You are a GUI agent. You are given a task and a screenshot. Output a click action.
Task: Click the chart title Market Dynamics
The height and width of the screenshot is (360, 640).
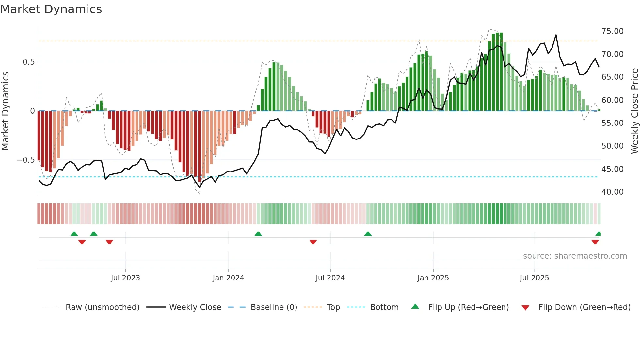tap(51, 9)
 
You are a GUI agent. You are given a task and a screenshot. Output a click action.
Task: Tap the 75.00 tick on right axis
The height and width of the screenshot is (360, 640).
tap(612, 31)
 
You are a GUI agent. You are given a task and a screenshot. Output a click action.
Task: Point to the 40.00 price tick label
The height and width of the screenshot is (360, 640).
tap(612, 192)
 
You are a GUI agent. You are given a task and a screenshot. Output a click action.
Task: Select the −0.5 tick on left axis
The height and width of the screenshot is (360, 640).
tap(25, 160)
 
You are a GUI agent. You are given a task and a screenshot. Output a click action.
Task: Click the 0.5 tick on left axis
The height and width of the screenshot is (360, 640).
tap(28, 62)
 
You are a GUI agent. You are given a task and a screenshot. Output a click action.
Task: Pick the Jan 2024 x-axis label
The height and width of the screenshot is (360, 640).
tap(228, 278)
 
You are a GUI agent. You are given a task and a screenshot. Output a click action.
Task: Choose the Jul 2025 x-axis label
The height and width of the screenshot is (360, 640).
tap(534, 278)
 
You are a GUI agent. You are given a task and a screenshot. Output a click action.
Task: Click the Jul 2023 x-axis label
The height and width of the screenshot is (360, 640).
tap(125, 278)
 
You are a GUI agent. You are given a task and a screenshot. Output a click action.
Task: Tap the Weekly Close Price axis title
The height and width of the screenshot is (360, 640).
tap(634, 111)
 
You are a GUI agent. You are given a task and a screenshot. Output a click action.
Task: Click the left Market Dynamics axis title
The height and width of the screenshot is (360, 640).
tap(5, 111)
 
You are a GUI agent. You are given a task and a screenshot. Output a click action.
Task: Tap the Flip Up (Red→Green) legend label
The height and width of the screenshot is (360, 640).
tap(468, 307)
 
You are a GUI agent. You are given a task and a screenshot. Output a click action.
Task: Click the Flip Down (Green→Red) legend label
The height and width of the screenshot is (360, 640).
tap(584, 307)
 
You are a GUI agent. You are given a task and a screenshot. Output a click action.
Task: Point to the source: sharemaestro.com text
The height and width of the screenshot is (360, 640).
tap(575, 256)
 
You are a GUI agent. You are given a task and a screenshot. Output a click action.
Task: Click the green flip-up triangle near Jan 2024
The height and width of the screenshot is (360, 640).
tap(258, 234)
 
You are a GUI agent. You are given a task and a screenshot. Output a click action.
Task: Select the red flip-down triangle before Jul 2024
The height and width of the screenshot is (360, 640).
tap(313, 242)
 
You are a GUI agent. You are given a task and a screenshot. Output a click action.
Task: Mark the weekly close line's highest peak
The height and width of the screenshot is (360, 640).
tap(556, 35)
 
